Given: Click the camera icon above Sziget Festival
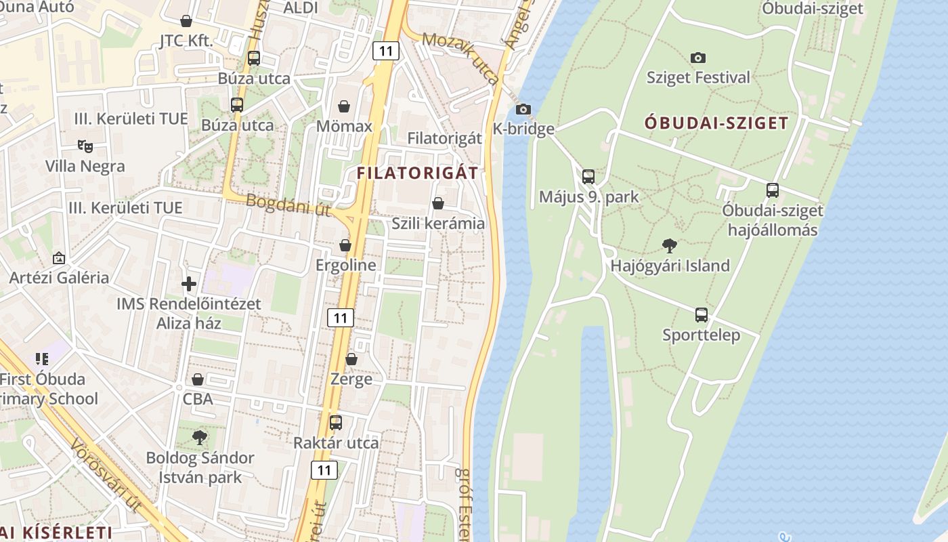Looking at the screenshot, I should point(698,58).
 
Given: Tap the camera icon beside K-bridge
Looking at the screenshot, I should point(523,109).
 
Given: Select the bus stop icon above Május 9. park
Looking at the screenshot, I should point(588,177).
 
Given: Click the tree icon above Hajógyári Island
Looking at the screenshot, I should point(670,245).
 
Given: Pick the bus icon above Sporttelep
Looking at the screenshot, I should point(702,315).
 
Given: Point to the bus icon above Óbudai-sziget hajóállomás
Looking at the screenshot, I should point(773,190).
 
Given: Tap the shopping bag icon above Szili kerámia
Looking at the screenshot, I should point(438,203).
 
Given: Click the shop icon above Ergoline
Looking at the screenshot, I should point(345,245).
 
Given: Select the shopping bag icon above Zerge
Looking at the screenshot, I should point(351,359).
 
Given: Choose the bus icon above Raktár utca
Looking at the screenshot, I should point(336,423).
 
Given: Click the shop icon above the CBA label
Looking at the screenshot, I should point(198,379).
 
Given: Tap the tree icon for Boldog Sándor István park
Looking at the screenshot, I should point(199,438).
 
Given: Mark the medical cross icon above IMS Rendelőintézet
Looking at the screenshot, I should point(189,284).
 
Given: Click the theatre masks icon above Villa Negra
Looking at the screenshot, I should point(85,146).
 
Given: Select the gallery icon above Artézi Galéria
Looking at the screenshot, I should point(59,258).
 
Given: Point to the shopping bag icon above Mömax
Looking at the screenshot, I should point(344,106).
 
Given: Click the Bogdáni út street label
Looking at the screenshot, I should point(288,205).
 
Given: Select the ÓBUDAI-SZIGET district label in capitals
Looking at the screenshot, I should point(716,123).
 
